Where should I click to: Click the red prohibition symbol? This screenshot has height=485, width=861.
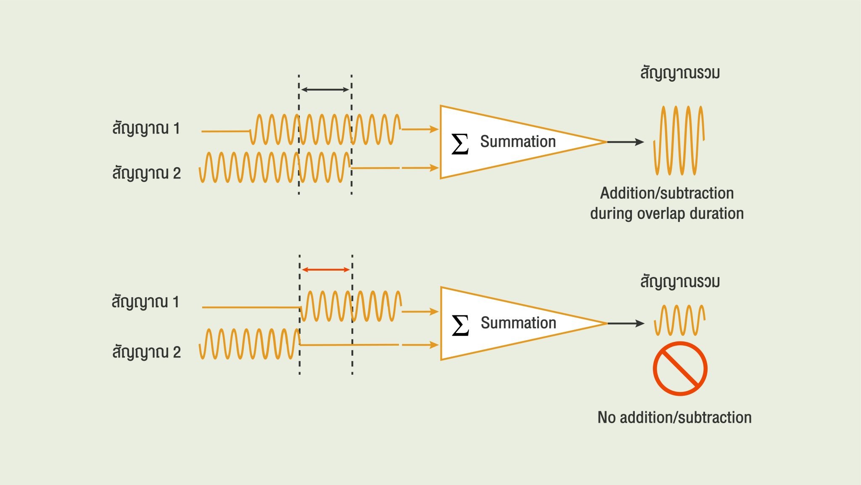click(x=680, y=368)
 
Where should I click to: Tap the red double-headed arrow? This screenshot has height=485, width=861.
click(x=326, y=269)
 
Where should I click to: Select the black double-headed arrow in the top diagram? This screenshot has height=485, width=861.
click(x=325, y=89)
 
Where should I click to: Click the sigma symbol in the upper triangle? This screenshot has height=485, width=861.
click(x=460, y=144)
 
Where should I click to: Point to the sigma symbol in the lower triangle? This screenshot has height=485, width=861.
click(x=460, y=325)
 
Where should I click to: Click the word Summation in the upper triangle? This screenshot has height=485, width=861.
click(x=518, y=141)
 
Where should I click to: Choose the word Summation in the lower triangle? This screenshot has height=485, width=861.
click(x=518, y=323)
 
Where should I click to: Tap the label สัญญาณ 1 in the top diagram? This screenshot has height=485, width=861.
click(x=146, y=128)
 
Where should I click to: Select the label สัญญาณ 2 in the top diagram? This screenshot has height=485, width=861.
click(x=146, y=173)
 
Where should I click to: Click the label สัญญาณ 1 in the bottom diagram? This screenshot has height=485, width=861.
click(x=145, y=302)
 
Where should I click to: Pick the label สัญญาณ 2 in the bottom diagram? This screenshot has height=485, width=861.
click(x=146, y=352)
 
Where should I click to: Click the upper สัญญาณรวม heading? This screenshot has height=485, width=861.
click(x=680, y=73)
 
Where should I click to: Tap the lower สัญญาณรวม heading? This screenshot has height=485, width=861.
click(x=680, y=282)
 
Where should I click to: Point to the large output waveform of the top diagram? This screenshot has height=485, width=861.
click(x=679, y=140)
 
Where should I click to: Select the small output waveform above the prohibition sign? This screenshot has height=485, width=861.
click(x=679, y=320)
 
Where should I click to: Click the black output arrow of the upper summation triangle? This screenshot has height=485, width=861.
click(x=626, y=142)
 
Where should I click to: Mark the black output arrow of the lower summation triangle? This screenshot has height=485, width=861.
click(x=626, y=323)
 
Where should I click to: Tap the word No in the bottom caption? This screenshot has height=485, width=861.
click(x=607, y=417)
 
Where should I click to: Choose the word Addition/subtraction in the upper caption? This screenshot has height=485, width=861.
click(x=667, y=193)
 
